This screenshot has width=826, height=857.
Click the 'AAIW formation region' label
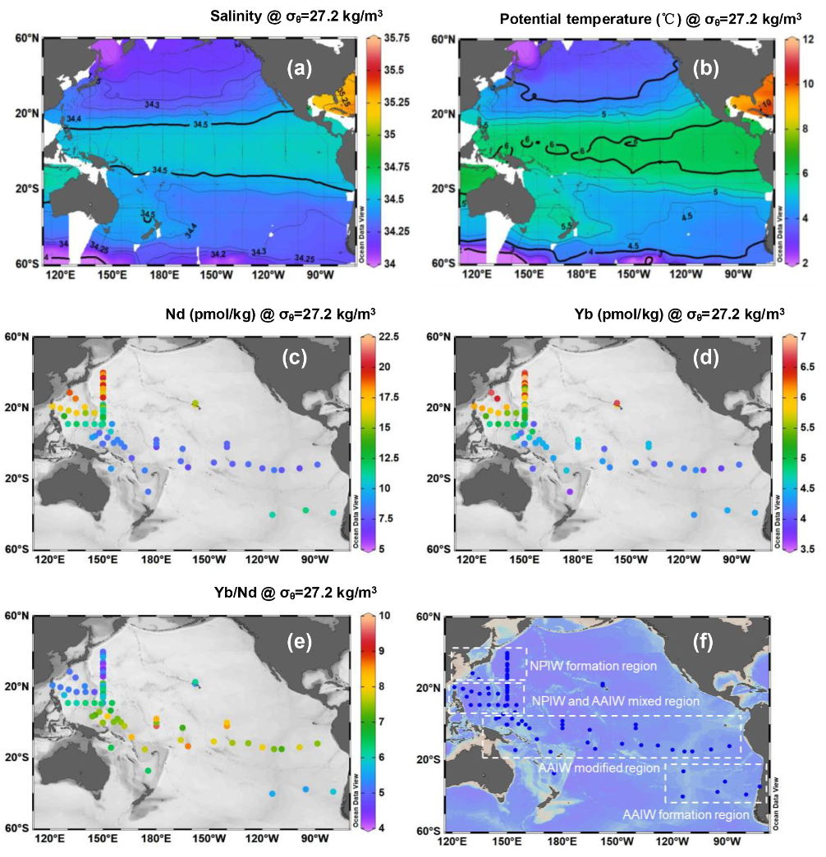coord(686,814)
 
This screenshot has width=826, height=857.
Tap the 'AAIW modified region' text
coord(599,768)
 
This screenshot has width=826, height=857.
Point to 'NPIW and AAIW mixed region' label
coord(616,702)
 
